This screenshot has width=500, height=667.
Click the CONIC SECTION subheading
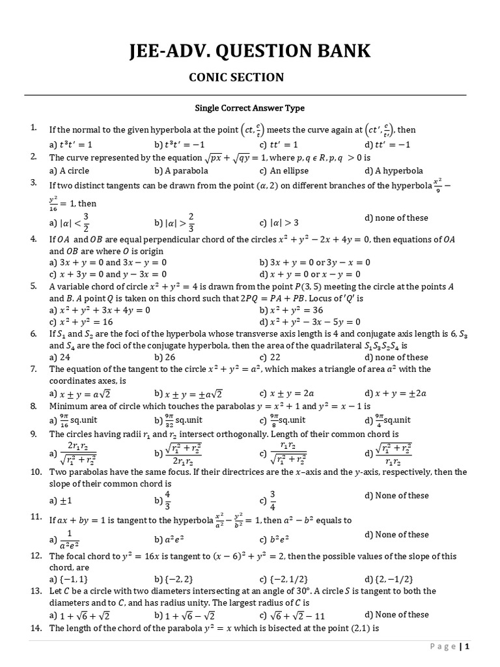236,78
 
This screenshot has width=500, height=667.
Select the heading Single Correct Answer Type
250,108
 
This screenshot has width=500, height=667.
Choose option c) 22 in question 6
270,357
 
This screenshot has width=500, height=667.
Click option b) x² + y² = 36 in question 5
298,310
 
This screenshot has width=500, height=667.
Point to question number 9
33,433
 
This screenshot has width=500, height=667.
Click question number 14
36,628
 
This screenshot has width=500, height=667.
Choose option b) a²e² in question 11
171,539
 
